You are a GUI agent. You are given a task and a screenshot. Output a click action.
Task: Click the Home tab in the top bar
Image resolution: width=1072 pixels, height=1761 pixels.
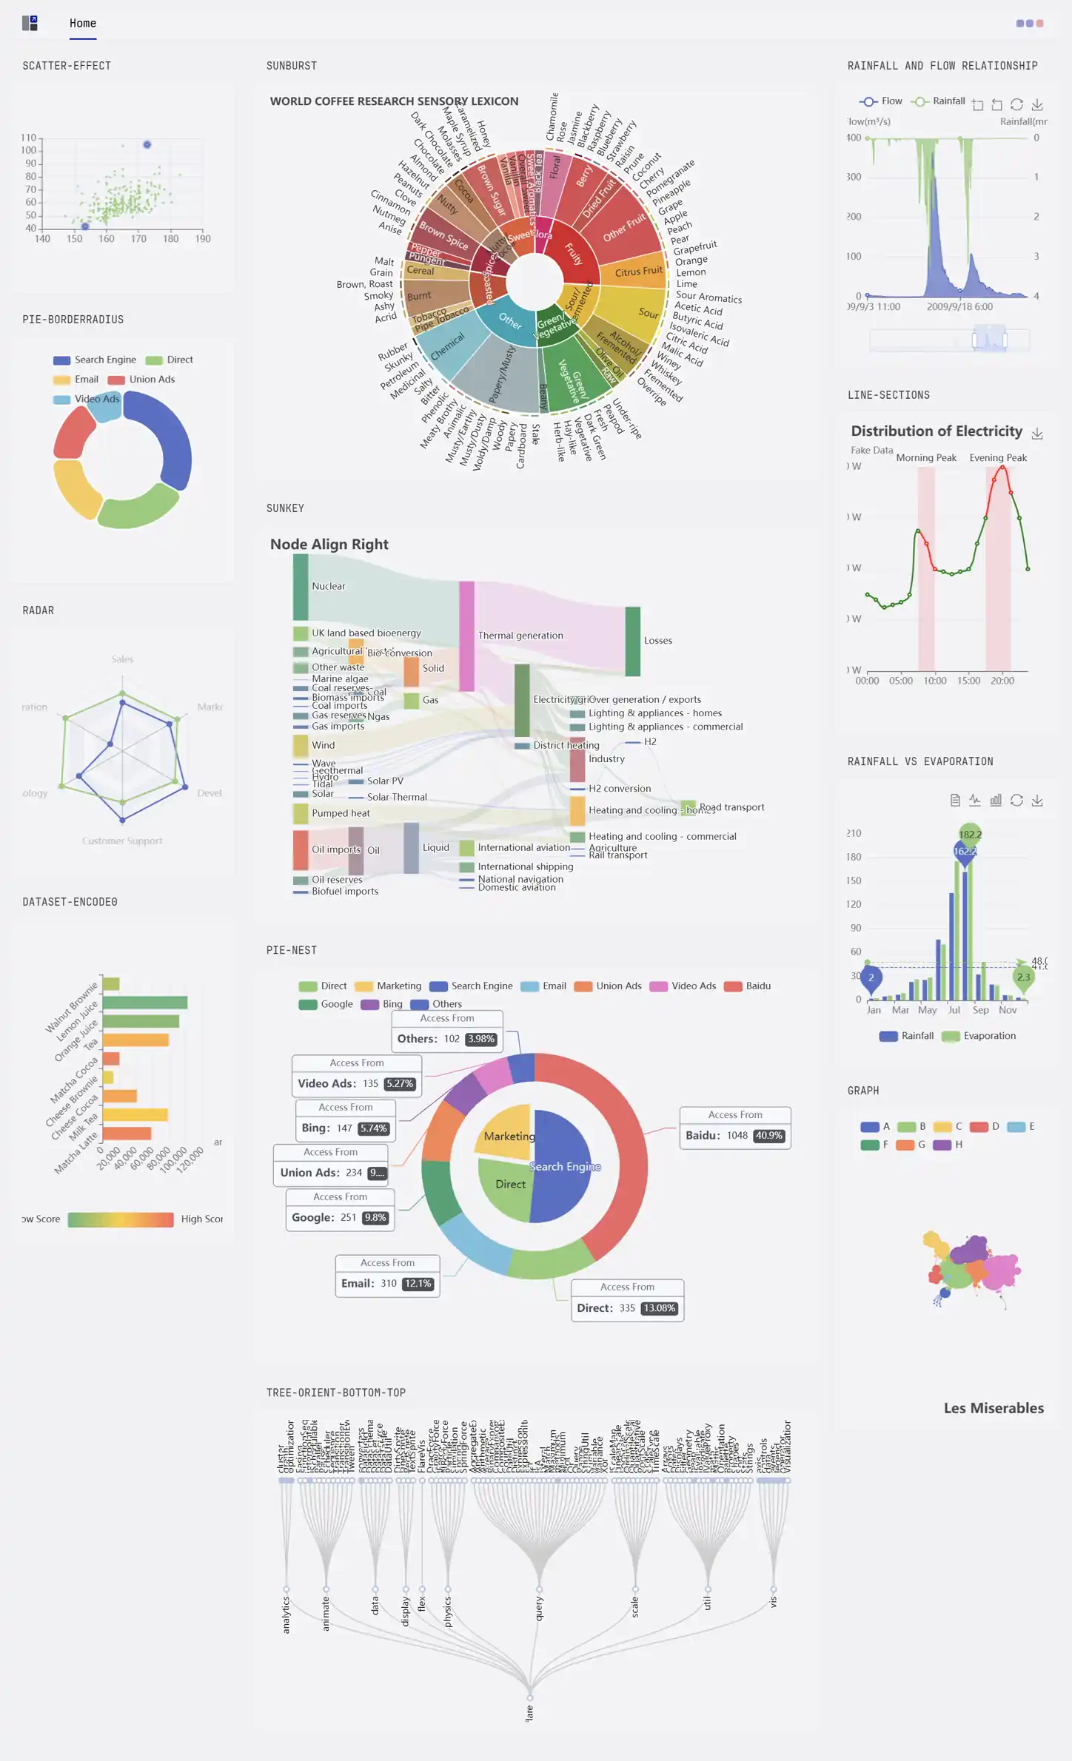(83, 24)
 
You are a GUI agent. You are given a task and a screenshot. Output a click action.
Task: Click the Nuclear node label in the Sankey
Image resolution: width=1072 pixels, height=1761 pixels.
(328, 586)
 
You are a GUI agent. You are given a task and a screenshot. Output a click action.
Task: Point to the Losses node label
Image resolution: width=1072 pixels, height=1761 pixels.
(657, 641)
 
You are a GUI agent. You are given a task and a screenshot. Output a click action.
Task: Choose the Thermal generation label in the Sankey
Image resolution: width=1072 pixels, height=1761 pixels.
(520, 636)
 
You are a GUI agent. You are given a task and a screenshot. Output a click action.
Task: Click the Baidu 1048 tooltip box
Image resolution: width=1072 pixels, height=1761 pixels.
(734, 1128)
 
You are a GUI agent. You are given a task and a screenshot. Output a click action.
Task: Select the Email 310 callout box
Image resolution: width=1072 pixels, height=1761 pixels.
(387, 1276)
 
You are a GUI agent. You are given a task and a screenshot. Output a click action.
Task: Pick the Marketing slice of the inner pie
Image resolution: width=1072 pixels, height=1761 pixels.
(506, 1132)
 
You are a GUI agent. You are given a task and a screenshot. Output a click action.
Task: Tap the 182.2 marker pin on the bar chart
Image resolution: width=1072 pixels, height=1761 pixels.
(970, 835)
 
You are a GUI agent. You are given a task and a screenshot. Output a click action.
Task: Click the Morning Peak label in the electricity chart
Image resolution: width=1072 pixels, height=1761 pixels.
(925, 458)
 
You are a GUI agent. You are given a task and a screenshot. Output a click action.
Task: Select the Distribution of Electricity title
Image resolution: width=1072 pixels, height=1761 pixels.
(936, 431)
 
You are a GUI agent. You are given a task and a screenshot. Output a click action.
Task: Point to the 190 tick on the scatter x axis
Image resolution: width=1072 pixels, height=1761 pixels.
(203, 239)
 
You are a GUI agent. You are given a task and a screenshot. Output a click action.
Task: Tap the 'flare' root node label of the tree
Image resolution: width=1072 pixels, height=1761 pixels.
(529, 1713)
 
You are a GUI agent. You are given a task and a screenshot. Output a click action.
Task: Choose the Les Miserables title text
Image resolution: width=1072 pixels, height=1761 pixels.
(993, 1408)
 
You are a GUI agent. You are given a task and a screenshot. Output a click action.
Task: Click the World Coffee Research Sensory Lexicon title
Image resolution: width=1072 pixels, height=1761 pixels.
(394, 101)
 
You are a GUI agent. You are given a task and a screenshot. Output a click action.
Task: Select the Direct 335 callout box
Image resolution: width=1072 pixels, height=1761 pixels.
(626, 1300)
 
